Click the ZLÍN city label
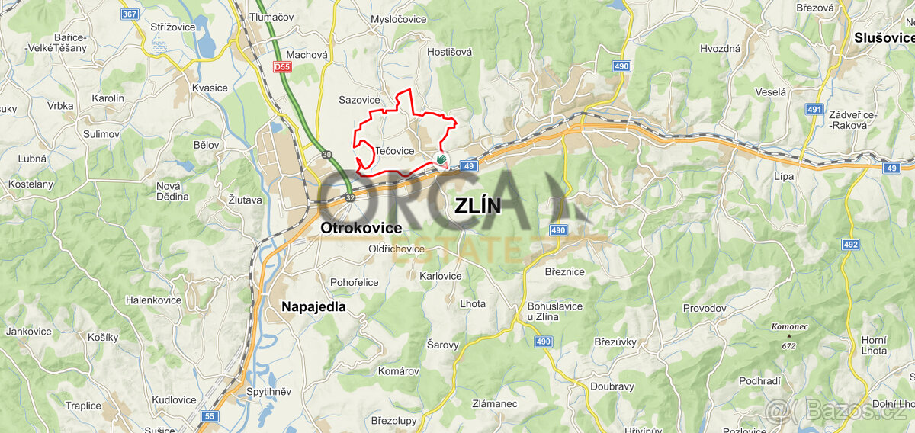pos(477,206)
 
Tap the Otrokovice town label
pos(361,228)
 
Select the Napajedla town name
pos(313,306)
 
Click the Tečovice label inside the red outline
pos(394,151)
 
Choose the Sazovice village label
pos(359,100)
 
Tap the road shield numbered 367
pos(130,14)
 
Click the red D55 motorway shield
pos(281,67)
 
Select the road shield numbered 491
pos(814,110)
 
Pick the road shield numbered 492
pos(851,245)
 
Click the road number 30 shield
pos(327,155)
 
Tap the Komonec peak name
pos(788,326)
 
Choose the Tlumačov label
pos(266,17)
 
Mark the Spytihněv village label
pos(268,392)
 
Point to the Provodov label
pos(704,308)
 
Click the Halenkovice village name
pos(153,300)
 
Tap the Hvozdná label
pos(720,48)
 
